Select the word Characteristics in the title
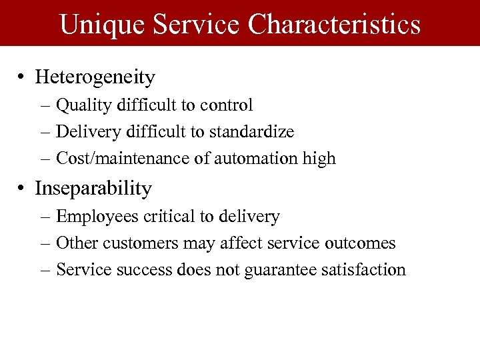[x=335, y=25]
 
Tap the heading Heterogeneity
[x=95, y=77]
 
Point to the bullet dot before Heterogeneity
[x=22, y=77]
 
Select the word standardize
[x=251, y=132]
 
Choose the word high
[x=319, y=159]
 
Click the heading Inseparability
[x=93, y=189]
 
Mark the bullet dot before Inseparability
[x=22, y=189]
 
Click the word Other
[x=74, y=243]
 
